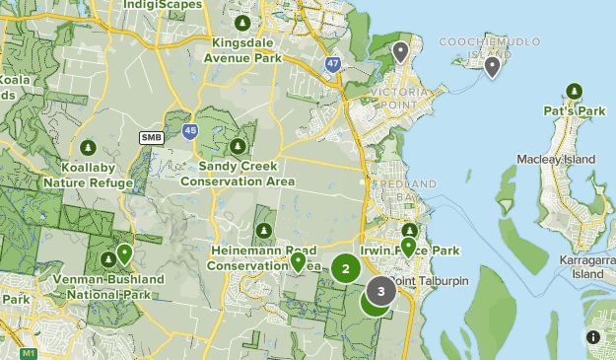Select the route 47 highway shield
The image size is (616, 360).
(334, 63)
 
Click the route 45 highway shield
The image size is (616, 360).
(190, 129)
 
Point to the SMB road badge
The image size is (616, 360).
(151, 137)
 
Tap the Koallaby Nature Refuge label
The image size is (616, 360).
(88, 175)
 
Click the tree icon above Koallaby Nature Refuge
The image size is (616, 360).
(88, 148)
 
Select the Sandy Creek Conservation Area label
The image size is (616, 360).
(238, 175)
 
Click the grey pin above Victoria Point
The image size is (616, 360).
(400, 51)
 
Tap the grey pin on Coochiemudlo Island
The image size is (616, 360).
(493, 66)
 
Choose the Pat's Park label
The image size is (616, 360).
(575, 111)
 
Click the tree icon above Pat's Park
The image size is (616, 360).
(575, 91)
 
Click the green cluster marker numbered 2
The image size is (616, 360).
(345, 267)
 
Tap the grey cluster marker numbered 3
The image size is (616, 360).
(381, 291)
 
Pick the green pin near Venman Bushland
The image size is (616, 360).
(124, 253)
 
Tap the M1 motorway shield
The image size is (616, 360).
(28, 353)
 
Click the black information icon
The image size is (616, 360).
(593, 337)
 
